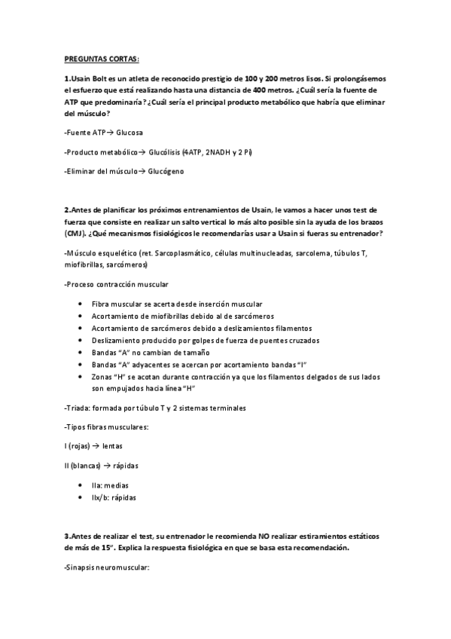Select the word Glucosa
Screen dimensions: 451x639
click(130, 133)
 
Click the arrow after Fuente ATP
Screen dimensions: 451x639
click(111, 133)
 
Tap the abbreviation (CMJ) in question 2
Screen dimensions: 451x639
click(76, 234)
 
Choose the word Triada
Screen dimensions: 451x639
click(79, 408)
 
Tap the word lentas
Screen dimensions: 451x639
click(113, 446)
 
